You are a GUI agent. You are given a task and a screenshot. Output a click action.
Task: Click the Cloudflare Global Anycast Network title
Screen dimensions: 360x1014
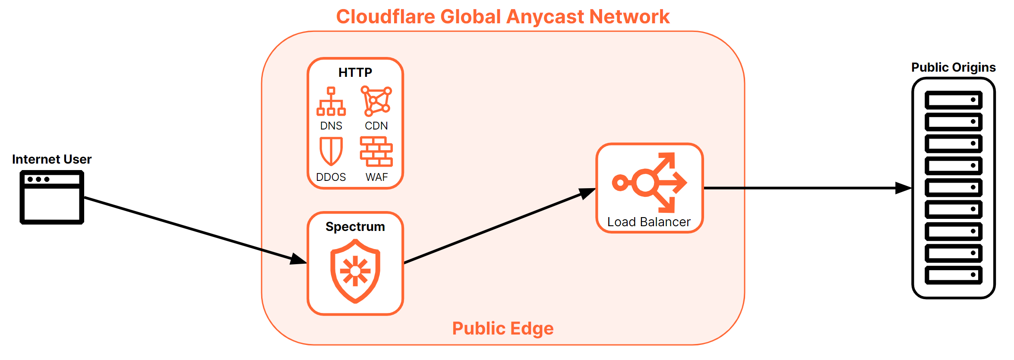click(502, 17)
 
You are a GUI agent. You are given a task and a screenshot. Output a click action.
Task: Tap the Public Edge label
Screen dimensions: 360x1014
click(502, 328)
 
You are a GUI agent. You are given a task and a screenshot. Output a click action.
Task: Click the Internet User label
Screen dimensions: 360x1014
click(52, 159)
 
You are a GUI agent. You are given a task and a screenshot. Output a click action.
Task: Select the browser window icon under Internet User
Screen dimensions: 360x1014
click(52, 197)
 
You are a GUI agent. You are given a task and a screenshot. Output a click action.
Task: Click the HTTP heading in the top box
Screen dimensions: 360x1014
click(355, 73)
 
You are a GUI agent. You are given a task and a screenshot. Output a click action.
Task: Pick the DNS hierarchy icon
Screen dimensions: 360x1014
click(331, 101)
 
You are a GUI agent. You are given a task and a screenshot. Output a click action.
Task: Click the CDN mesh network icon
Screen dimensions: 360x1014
click(376, 101)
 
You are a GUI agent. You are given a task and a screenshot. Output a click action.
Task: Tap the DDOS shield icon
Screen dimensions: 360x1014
click(331, 151)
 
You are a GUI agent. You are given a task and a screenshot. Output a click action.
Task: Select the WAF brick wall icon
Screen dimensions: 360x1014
click(376, 152)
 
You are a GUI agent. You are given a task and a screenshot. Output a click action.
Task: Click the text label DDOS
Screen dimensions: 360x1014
click(331, 177)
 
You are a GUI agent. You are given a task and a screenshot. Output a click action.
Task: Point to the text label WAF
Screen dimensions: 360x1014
click(376, 177)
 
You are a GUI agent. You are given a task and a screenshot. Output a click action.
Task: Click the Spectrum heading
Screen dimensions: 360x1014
click(355, 227)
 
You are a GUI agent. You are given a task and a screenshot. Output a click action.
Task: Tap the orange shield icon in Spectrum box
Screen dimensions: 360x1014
click(355, 271)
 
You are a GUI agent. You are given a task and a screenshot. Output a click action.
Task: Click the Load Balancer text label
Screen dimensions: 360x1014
click(649, 222)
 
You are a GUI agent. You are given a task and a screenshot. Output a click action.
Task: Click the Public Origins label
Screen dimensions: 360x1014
click(953, 67)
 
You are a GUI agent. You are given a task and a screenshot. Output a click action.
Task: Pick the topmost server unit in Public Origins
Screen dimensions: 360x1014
click(953, 100)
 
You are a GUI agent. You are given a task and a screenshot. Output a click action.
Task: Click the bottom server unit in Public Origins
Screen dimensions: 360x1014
click(953, 275)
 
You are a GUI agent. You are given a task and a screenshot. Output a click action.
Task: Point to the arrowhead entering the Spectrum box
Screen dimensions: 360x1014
click(299, 259)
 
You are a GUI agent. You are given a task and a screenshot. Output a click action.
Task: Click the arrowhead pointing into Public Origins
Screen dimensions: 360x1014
click(903, 188)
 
